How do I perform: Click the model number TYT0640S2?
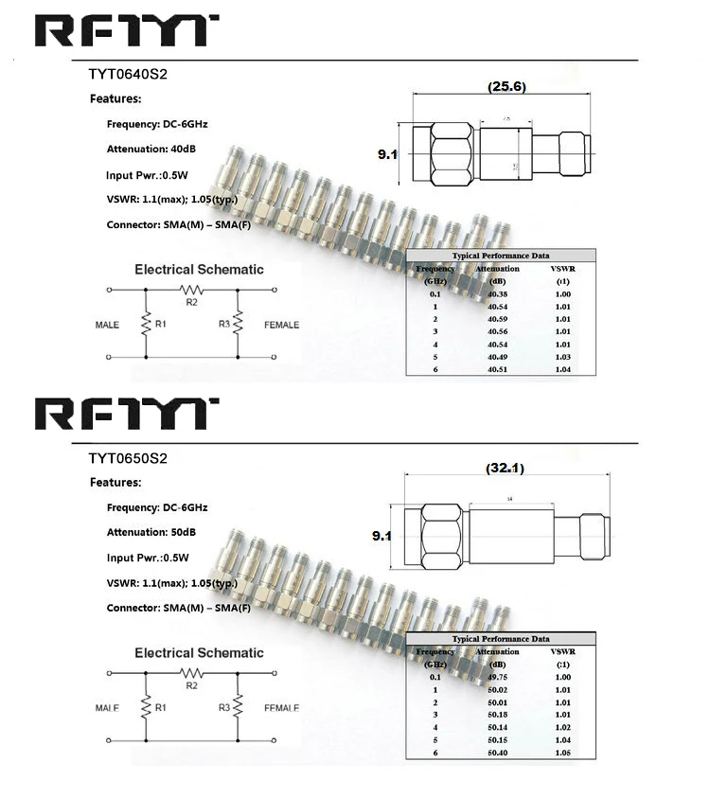tap(128, 74)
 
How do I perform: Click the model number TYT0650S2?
tap(128, 458)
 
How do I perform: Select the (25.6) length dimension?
tap(506, 86)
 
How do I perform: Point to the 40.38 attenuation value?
tap(497, 294)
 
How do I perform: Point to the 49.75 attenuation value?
tap(497, 677)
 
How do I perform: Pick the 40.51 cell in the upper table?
tap(497, 369)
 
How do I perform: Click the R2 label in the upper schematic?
tap(191, 301)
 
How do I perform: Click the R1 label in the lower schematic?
tap(161, 707)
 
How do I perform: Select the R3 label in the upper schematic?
tap(224, 324)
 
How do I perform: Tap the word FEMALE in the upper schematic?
tap(281, 325)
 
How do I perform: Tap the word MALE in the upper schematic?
tap(107, 325)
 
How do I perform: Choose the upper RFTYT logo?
tap(127, 30)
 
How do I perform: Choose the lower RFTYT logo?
tap(127, 414)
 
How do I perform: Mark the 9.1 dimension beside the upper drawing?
tap(387, 153)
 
